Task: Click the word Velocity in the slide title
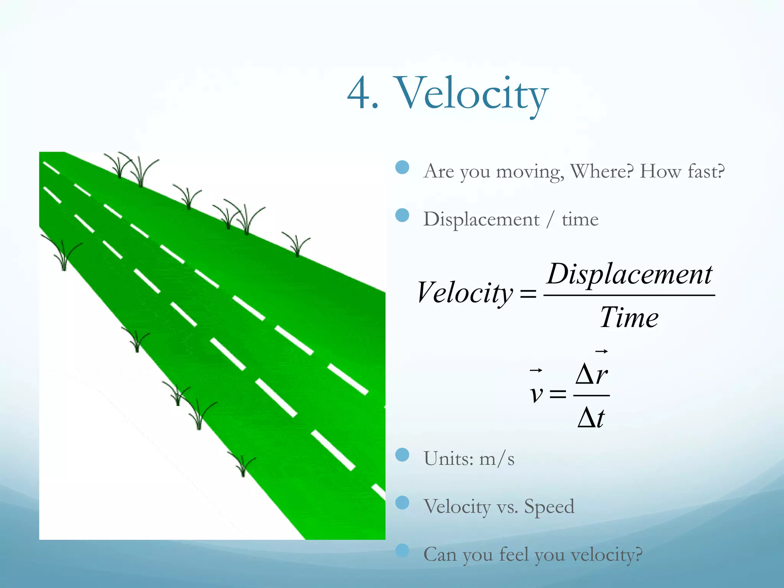coord(472,94)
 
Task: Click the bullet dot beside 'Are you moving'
coord(402,167)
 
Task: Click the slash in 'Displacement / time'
coord(550,220)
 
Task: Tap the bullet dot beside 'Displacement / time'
coord(402,215)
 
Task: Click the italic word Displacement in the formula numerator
coord(630,274)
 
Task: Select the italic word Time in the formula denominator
coord(629,317)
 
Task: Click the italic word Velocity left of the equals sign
coord(465,293)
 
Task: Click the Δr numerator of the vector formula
coord(591,374)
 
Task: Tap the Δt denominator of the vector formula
coord(591,418)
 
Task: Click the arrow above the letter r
coord(601,351)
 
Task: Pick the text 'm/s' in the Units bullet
coord(497,459)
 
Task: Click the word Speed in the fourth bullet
coord(549,506)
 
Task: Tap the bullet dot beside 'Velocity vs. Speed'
coord(402,503)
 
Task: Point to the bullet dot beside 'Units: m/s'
coord(402,455)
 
